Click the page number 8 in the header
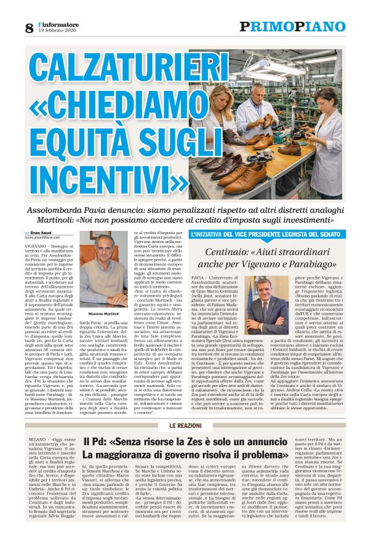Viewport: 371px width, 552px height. (x=29, y=28)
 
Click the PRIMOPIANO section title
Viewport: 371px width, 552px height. (x=292, y=27)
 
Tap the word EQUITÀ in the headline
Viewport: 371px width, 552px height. (x=76, y=150)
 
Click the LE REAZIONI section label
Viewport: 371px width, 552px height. (x=185, y=407)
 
